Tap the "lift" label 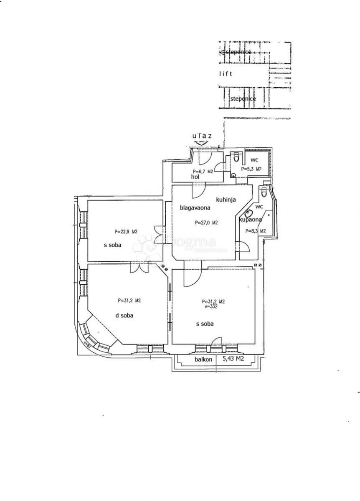(226, 74)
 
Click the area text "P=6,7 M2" (204, 172)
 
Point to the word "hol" (195, 177)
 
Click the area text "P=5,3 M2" (251, 169)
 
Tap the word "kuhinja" (226, 200)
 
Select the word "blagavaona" (195, 207)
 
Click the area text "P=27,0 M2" (206, 223)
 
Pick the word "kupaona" (250, 220)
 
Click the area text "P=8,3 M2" (256, 231)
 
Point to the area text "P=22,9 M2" (126, 231)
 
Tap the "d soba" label (124, 316)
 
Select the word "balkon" (203, 359)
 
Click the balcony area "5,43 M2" (233, 359)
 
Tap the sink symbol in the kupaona (250, 212)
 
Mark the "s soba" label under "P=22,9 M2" (112, 245)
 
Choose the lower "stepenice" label (243, 99)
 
